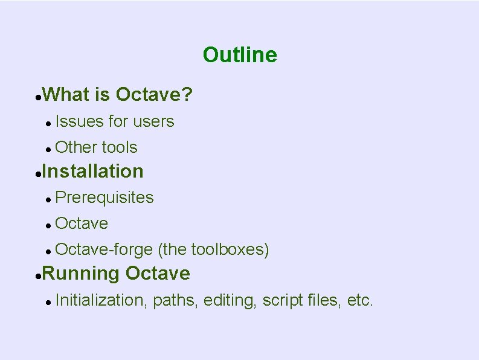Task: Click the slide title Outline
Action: coord(240,55)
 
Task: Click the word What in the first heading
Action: coord(65,95)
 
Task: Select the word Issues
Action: coord(79,121)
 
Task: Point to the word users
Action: coord(153,121)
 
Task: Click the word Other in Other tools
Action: coord(76,147)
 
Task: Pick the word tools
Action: coord(120,147)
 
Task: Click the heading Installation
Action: coord(93,172)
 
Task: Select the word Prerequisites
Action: coord(104,198)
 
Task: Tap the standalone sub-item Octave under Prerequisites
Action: coord(82,223)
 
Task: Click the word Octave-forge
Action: coord(104,249)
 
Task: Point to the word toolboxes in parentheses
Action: coord(228,249)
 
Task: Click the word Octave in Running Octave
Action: coord(158,274)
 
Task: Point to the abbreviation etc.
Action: coord(360,300)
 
